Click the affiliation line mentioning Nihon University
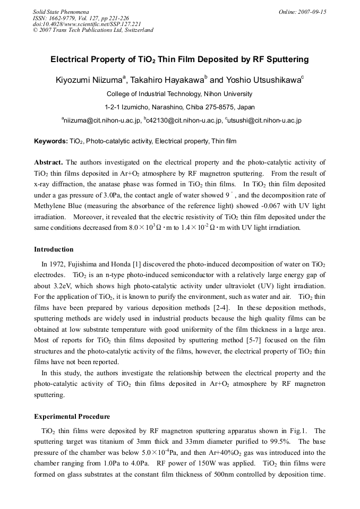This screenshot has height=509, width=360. (179, 94)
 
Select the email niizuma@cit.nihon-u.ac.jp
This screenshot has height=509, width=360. (102, 120)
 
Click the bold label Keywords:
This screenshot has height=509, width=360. (50, 141)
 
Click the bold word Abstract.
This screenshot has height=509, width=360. (48, 162)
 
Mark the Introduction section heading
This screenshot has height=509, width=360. (54, 249)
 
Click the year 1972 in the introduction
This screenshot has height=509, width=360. (57, 264)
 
